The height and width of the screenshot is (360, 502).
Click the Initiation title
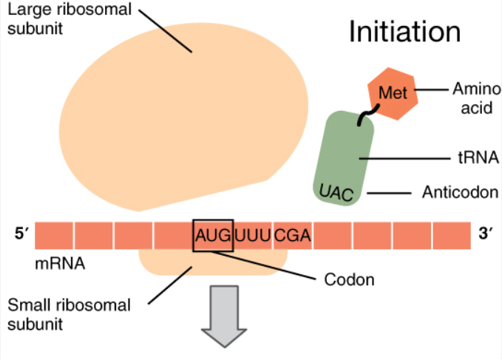(x=404, y=32)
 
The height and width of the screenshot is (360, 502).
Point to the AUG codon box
(x=213, y=236)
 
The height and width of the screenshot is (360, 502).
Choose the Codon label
(x=350, y=279)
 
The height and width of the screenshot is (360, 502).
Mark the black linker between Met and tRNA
(x=364, y=115)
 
